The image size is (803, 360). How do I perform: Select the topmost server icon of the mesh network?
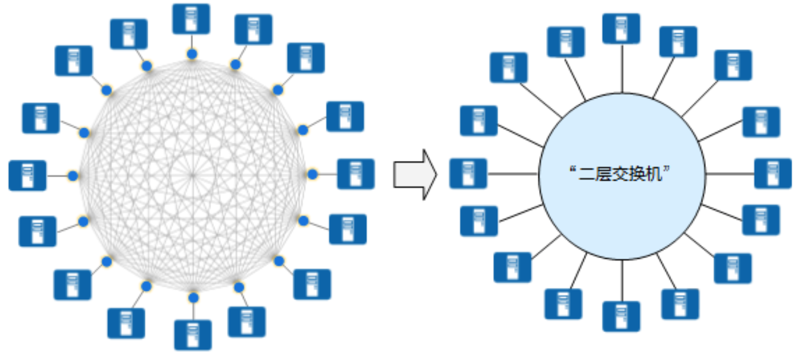coord(191,18)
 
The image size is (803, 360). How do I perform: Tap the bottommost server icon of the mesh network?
coord(192,334)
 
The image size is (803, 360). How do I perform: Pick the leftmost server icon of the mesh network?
coord(27,175)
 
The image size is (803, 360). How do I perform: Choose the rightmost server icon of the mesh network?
coord(356,173)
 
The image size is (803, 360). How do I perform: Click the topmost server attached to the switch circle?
coord(621,29)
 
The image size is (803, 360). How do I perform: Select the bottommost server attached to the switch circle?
coord(621,316)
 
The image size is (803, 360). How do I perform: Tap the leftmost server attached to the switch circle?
coord(468,173)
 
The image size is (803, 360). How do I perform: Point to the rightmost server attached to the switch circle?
coord(773,173)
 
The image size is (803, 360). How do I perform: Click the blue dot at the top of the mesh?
coord(192,54)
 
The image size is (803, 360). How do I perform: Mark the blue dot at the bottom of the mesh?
coord(193,297)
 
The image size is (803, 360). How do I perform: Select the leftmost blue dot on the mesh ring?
coord(73,176)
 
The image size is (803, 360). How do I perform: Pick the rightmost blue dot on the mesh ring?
coord(313,175)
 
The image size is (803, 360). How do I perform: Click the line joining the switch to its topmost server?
coord(621,68)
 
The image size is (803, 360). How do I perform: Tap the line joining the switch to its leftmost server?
coord(513,175)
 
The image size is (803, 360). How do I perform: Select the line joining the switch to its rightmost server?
coord(730,174)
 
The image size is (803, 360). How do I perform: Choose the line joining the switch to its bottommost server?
coord(621,281)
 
